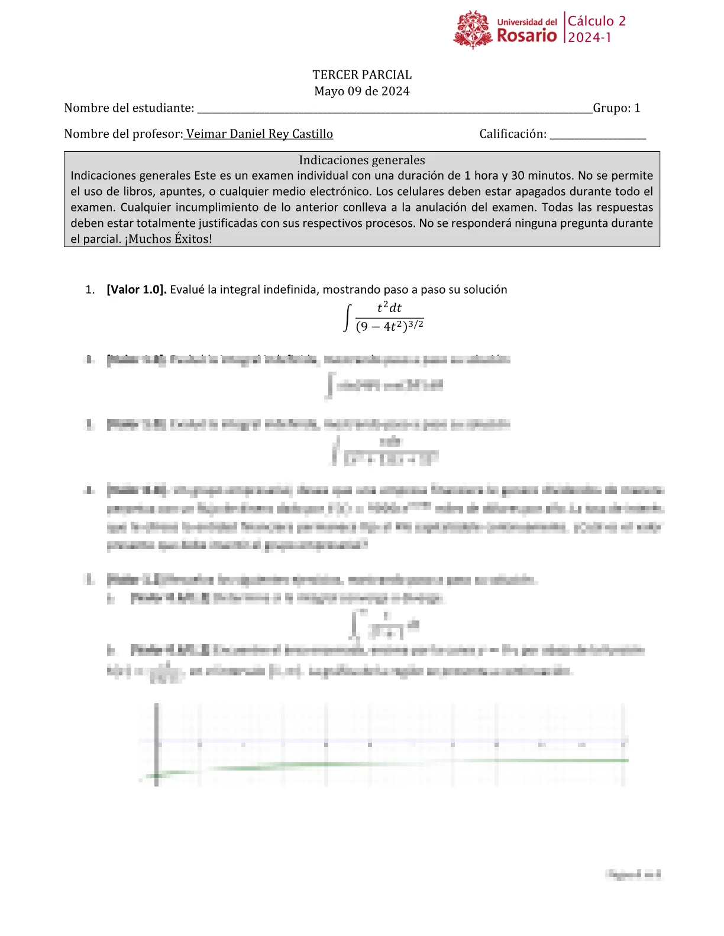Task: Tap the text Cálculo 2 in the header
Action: point(596,21)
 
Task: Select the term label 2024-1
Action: point(590,38)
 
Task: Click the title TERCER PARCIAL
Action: point(362,75)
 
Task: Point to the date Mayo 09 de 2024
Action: point(362,92)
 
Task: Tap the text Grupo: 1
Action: point(616,108)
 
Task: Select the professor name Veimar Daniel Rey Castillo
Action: point(259,134)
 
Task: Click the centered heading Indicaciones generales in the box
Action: point(362,160)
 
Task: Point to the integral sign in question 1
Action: point(348,318)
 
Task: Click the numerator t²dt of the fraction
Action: point(389,307)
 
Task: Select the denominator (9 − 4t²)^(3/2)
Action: point(389,326)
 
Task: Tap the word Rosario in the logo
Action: point(526,36)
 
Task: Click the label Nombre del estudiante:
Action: point(129,108)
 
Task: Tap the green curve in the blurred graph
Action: point(414,763)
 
